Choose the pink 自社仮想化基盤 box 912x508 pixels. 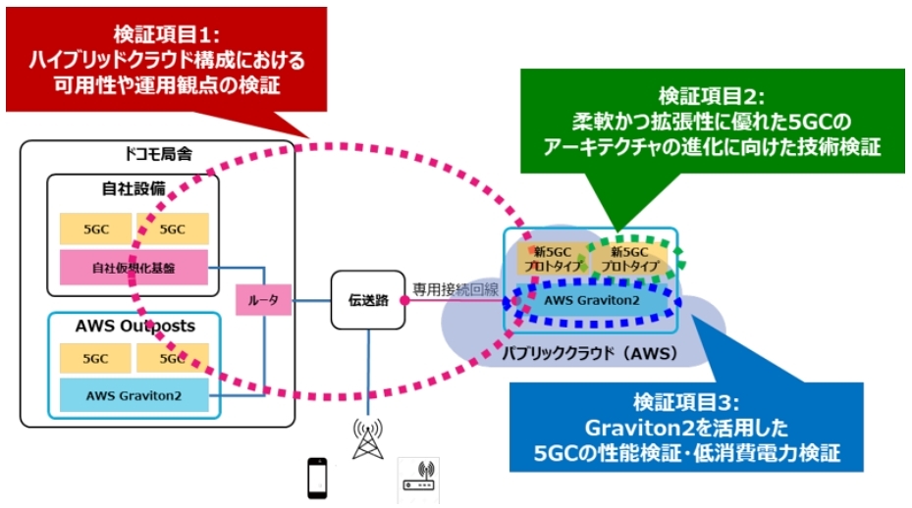[x=134, y=267]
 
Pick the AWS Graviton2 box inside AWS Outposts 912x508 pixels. [x=134, y=395]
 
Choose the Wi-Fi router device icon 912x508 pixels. [x=418, y=481]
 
